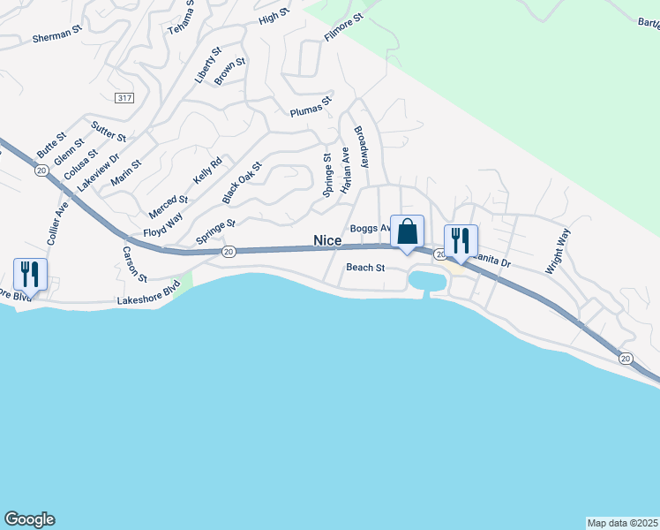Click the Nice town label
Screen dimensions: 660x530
327,240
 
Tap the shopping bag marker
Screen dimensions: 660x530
407,233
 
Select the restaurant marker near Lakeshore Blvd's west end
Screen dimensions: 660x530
31,275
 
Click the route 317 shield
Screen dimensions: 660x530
124,97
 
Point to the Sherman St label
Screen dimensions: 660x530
56,38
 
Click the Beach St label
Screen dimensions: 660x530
365,267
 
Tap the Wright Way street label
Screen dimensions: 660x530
558,252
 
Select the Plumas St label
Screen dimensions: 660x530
311,107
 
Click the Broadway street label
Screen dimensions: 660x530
362,147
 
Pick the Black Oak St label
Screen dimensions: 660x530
243,180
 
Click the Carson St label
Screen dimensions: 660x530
134,263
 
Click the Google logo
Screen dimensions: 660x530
29,519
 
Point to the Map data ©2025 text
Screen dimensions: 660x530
622,522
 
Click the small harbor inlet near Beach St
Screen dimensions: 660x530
424,282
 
